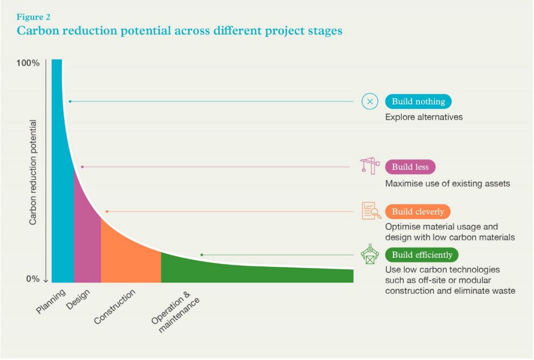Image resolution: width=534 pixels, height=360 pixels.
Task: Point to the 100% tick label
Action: (x=28, y=63)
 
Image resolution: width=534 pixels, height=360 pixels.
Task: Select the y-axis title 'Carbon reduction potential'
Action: (x=33, y=172)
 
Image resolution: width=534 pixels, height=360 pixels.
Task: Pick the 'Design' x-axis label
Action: (x=78, y=299)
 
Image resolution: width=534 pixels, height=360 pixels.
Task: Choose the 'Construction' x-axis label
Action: (x=115, y=306)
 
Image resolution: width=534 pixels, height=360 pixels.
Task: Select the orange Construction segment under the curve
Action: (x=129, y=257)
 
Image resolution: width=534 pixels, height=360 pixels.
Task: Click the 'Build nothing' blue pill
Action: (x=418, y=102)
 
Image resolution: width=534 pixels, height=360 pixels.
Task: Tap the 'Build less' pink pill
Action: (x=410, y=167)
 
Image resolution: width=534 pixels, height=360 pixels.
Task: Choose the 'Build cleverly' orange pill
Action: (x=417, y=212)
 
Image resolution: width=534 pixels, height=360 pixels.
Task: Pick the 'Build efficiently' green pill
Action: (x=421, y=255)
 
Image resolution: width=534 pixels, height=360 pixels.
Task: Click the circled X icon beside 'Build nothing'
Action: (x=369, y=102)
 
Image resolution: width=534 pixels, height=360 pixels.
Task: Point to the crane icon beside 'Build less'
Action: (x=370, y=166)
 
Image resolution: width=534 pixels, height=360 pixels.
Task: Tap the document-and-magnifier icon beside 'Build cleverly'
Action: (x=371, y=211)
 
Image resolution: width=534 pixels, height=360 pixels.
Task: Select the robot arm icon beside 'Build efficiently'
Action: (x=370, y=255)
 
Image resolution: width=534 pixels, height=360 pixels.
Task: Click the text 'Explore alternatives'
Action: (x=424, y=118)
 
